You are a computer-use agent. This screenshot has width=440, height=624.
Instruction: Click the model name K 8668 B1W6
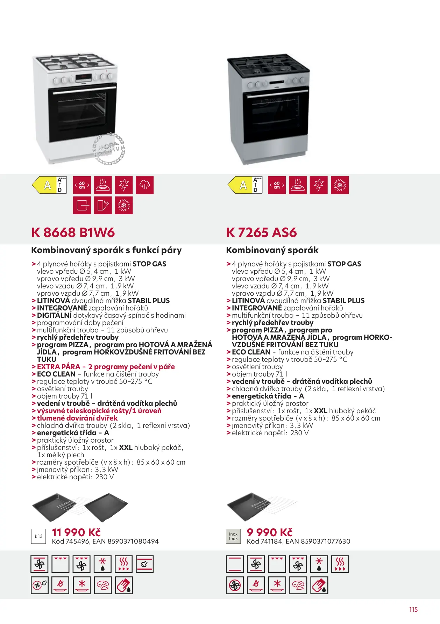coord(73,232)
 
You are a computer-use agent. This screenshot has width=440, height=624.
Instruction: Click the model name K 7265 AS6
coord(261,232)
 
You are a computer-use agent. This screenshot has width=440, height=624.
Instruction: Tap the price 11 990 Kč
coord(76,532)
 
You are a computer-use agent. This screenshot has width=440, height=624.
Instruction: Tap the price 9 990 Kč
coord(269,532)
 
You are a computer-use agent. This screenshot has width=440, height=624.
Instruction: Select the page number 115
coord(413,609)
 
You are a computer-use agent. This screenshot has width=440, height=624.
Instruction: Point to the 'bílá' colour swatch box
coord(38,536)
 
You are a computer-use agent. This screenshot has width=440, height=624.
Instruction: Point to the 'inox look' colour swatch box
coord(233,536)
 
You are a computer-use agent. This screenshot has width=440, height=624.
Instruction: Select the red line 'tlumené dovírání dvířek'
coord(77,418)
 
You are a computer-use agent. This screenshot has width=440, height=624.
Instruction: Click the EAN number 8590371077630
coord(325,541)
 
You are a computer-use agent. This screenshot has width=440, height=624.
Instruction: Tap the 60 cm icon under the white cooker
coord(82,185)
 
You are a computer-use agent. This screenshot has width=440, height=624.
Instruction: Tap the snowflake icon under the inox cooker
coord(340,185)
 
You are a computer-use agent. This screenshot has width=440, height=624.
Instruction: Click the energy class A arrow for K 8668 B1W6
coord(45,185)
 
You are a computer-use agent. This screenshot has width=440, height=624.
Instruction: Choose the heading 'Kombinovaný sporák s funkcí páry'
coord(106,250)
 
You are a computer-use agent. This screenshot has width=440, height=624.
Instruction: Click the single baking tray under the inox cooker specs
coord(245,505)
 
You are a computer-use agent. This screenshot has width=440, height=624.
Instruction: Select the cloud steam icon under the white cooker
coord(144,185)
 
